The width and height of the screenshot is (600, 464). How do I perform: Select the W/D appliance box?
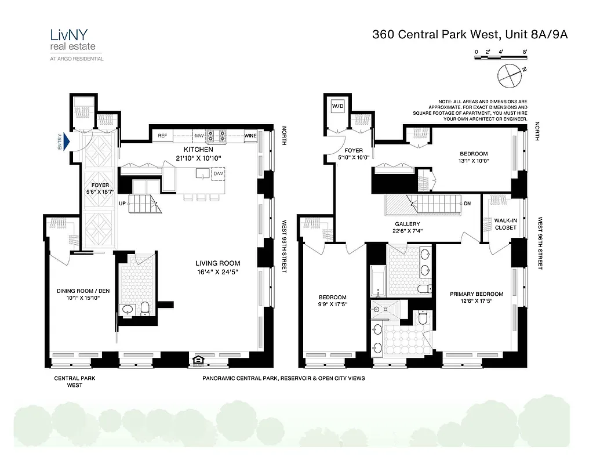click(x=337, y=107)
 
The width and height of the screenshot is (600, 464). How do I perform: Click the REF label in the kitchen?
click(x=162, y=136)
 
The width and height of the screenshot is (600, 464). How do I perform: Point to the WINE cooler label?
click(x=250, y=136)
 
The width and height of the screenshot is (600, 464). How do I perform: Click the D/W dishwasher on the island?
click(x=218, y=173)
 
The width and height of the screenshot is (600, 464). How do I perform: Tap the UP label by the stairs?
click(x=122, y=204)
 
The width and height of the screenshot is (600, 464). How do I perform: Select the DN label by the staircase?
click(x=467, y=204)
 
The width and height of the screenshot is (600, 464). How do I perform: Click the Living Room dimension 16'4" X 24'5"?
click(x=217, y=271)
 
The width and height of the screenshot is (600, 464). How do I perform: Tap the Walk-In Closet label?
click(x=506, y=224)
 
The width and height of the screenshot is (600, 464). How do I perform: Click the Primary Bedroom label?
click(x=477, y=294)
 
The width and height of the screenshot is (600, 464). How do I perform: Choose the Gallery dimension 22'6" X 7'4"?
click(x=408, y=231)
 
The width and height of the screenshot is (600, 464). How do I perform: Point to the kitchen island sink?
click(x=202, y=172)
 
